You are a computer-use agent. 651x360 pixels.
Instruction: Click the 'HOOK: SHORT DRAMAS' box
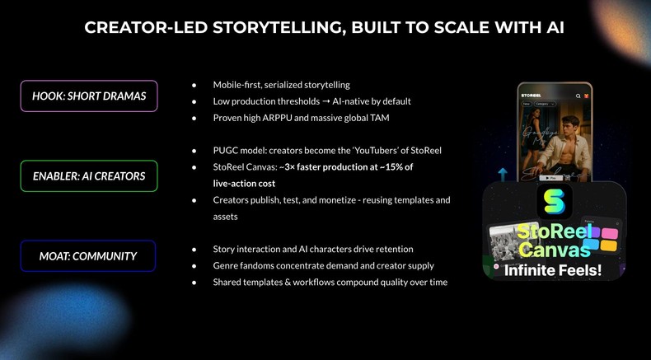pyautogui.click(x=89, y=96)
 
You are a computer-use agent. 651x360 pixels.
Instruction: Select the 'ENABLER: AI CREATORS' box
pyautogui.click(x=89, y=175)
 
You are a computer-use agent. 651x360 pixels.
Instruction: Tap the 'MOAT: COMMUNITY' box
pyautogui.click(x=88, y=256)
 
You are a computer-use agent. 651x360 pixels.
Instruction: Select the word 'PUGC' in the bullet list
pyautogui.click(x=227, y=151)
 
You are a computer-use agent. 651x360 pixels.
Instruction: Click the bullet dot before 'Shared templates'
pyautogui.click(x=193, y=282)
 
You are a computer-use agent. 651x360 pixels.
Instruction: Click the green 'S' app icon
pyautogui.click(x=554, y=201)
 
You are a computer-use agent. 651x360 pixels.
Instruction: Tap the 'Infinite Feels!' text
pyautogui.click(x=553, y=269)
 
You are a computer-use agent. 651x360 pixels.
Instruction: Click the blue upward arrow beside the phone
pyautogui.click(x=503, y=175)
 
